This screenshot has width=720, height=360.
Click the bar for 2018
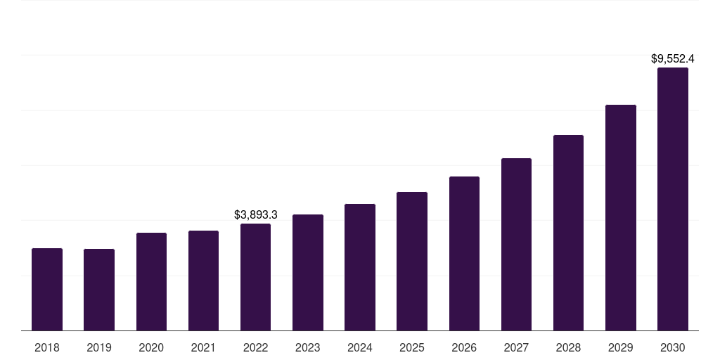[x=47, y=289]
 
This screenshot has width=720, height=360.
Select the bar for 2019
[x=99, y=290]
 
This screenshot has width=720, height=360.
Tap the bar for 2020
[x=151, y=281]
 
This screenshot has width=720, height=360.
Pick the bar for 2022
[x=255, y=277]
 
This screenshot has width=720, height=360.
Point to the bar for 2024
[x=360, y=267]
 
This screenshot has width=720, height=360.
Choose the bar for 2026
[x=464, y=253]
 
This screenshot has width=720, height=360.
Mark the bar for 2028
[x=568, y=233]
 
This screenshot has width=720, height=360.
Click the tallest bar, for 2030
[x=672, y=199]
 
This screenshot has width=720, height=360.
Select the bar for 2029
[x=620, y=217]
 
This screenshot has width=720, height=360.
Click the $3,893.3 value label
[x=256, y=214]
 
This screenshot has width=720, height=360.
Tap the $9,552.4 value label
[x=673, y=59]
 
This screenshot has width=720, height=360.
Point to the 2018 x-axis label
[x=47, y=347]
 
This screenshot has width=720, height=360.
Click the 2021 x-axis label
[x=203, y=347]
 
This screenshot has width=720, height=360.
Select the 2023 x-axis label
[x=308, y=347]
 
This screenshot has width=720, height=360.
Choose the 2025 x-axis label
[x=412, y=347]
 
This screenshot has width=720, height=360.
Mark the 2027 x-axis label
[x=516, y=347]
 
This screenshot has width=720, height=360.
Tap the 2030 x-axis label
[x=672, y=347]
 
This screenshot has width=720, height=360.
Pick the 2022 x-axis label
[x=255, y=347]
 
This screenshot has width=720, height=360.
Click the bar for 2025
[x=412, y=261]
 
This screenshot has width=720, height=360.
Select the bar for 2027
[x=516, y=244]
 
